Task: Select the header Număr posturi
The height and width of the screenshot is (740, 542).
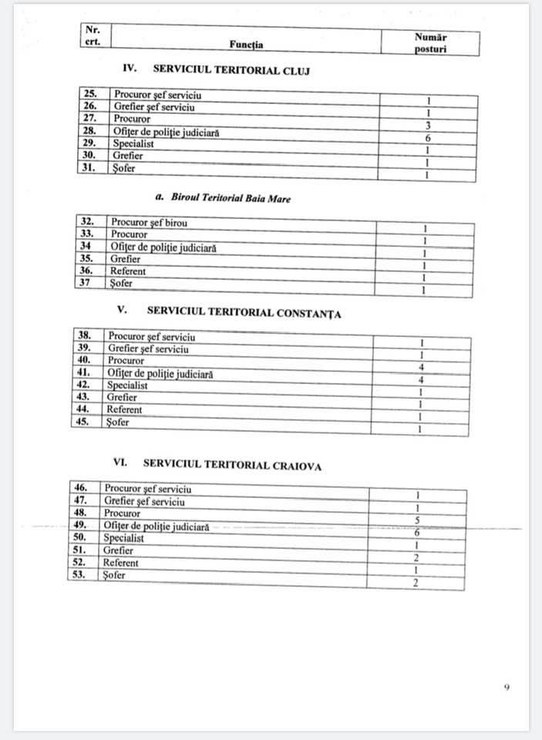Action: pyautogui.click(x=430, y=42)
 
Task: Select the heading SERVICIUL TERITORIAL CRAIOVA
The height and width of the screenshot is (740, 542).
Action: pyautogui.click(x=232, y=466)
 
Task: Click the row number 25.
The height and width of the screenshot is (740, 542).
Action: pyautogui.click(x=91, y=95)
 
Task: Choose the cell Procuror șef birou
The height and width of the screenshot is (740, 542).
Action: pyautogui.click(x=149, y=223)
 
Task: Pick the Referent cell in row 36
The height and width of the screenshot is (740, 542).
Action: pyautogui.click(x=127, y=271)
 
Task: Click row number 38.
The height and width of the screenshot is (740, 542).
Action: pyautogui.click(x=85, y=336)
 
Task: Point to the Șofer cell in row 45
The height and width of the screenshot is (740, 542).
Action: pyautogui.click(x=118, y=422)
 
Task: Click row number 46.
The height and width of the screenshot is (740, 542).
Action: pyautogui.click(x=81, y=488)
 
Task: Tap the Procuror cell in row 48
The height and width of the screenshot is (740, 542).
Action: pyautogui.click(x=122, y=513)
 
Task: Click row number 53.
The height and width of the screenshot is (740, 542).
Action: pyautogui.click(x=79, y=575)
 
